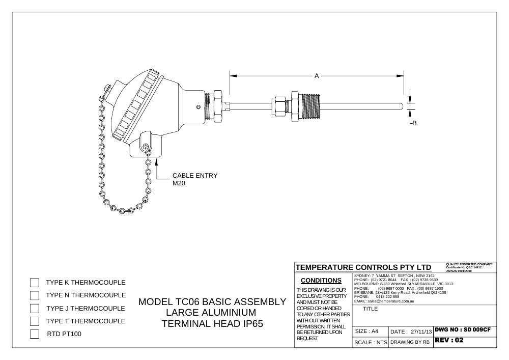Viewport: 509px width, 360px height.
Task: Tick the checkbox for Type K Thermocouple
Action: [35, 283]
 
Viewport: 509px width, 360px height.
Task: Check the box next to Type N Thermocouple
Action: [35, 295]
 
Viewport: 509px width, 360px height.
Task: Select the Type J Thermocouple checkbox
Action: [35, 308]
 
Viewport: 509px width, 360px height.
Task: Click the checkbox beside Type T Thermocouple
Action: [35, 321]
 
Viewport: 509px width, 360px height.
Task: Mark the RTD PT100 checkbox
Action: [35, 334]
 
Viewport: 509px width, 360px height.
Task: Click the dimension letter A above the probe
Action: [317, 76]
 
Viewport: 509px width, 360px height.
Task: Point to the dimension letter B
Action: [414, 123]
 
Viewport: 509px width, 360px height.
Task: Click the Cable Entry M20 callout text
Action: [195, 179]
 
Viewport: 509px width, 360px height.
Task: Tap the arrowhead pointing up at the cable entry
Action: [157, 161]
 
